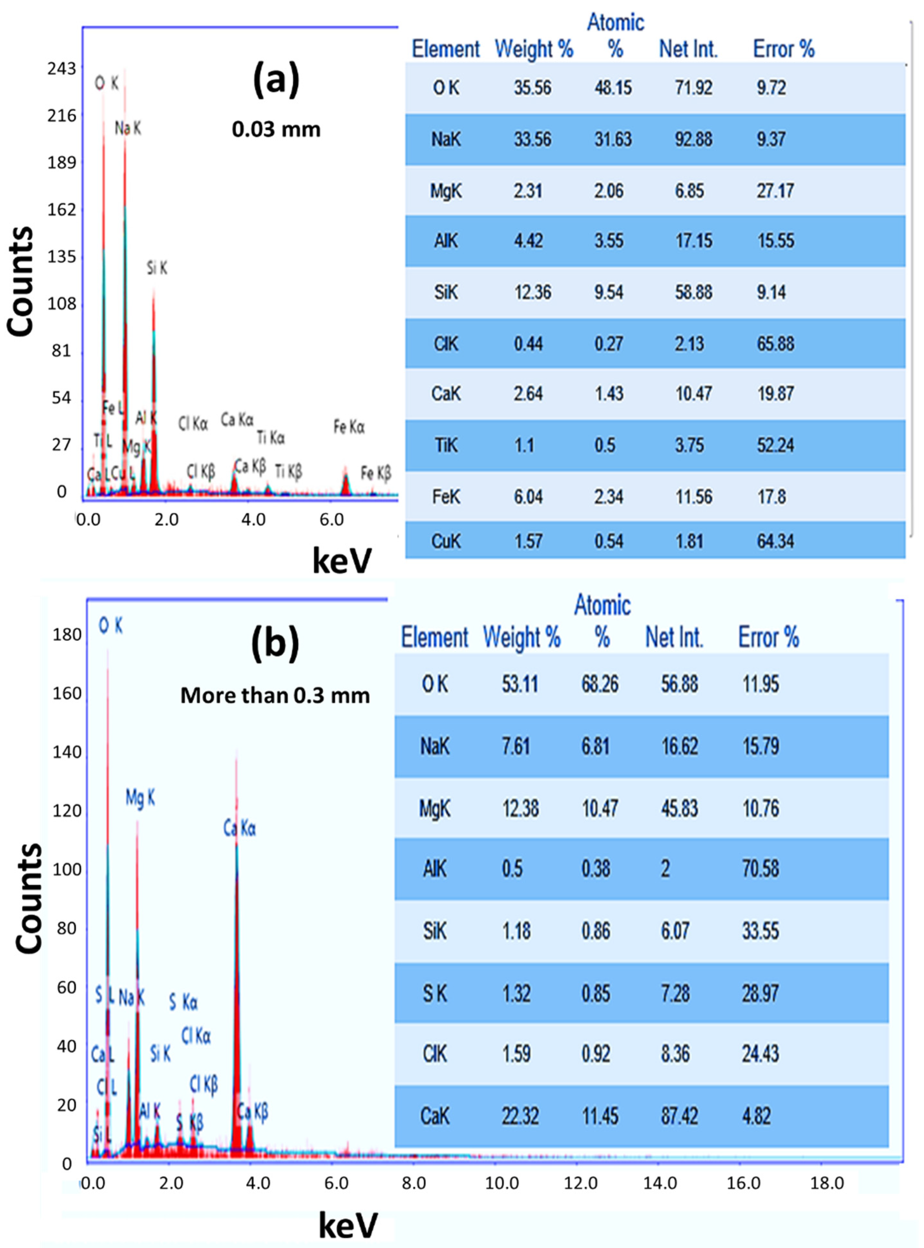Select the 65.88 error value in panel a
coord(775,343)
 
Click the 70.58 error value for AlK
coord(760,869)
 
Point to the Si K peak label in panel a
coord(157,269)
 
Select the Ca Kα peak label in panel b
coord(239,829)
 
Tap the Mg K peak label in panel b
coord(140,798)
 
